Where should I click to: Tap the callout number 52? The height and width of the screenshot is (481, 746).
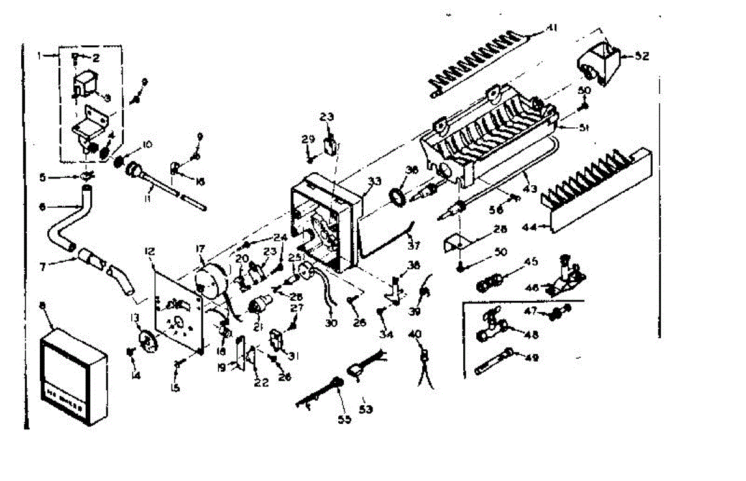coord(642,56)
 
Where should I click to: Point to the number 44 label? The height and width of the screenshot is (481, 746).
coord(530,227)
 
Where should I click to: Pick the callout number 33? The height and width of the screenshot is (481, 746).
coord(374,181)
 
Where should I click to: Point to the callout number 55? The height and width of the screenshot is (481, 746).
coord(344,419)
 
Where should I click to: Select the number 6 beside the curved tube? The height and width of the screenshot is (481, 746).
coord(42,207)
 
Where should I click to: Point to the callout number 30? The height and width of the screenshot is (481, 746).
coord(330,323)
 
